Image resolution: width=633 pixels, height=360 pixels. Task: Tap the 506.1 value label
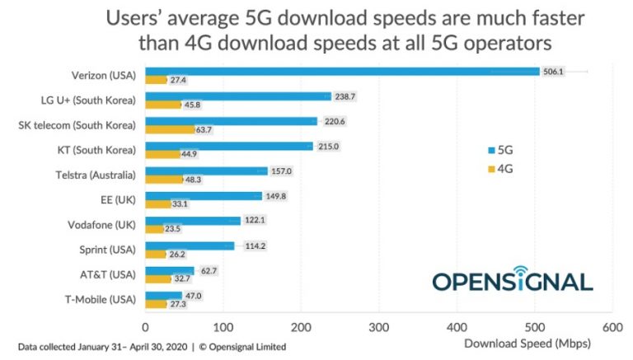pyautogui.click(x=553, y=72)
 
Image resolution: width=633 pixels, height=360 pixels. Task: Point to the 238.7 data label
pyautogui.click(x=344, y=96)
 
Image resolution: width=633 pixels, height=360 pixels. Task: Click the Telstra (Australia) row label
pyautogui.click(x=98, y=175)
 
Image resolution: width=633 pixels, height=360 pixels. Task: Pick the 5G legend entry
pyautogui.click(x=500, y=150)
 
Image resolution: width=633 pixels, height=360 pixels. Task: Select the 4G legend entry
pyautogui.click(x=500, y=168)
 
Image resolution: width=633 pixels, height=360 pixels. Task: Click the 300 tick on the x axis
pyautogui.click(x=378, y=328)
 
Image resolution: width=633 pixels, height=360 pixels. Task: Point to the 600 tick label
pyautogui.click(x=612, y=328)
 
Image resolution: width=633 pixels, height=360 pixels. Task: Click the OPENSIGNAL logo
pyautogui.click(x=512, y=279)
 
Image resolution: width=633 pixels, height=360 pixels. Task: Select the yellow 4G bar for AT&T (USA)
pyautogui.click(x=157, y=278)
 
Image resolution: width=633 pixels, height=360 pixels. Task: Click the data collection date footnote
pyautogui.click(x=152, y=346)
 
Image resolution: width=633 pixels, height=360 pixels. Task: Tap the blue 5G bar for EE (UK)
pyautogui.click(x=204, y=195)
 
